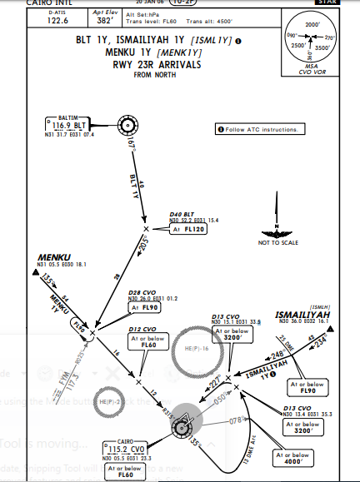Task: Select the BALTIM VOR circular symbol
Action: pos(128,126)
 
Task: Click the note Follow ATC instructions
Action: pos(262,129)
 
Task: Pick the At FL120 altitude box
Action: pos(188,228)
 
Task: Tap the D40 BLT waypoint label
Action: pos(180,215)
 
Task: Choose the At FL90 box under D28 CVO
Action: pos(145,307)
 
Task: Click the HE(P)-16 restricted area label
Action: pos(197,347)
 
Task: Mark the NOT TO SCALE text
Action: pos(273,241)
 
